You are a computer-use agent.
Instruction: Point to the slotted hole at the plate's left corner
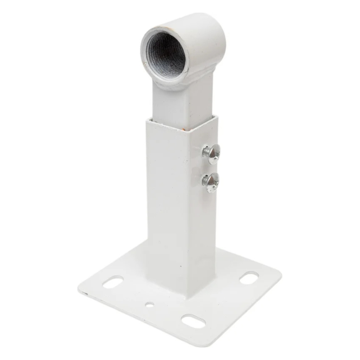point(113,282)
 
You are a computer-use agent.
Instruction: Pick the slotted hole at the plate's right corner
point(248,277)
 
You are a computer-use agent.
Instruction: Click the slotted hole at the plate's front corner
point(193,320)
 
